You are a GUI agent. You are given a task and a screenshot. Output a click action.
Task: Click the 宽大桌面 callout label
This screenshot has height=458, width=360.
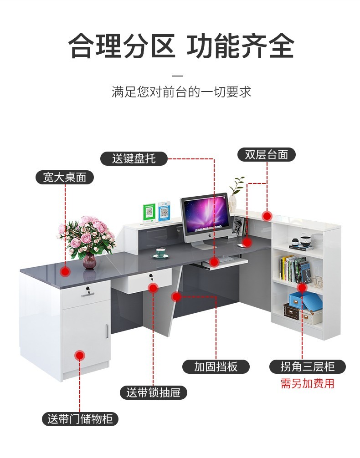[x=64, y=177]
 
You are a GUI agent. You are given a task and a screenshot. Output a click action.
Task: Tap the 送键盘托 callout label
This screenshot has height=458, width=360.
[x=134, y=158]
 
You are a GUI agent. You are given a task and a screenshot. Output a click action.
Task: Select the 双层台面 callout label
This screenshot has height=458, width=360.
[x=267, y=155]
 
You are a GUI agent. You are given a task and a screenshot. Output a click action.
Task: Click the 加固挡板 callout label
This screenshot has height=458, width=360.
[x=216, y=366]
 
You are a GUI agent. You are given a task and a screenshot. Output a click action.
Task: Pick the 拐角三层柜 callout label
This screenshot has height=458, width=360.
[x=308, y=366]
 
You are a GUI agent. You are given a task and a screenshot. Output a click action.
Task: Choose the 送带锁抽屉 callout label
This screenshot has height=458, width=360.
[x=154, y=392]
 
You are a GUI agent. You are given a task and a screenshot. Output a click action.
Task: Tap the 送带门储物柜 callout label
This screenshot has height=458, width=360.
[x=80, y=419]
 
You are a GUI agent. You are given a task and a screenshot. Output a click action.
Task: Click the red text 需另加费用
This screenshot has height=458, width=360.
[x=307, y=383]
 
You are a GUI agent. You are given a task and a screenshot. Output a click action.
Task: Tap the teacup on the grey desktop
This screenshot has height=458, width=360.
[x=160, y=253]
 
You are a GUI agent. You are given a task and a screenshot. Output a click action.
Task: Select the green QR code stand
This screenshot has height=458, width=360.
[x=149, y=213]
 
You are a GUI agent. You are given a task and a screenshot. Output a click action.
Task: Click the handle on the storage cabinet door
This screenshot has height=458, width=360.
[x=107, y=331]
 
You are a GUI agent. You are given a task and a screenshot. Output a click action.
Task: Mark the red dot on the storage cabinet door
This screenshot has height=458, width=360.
[x=80, y=355]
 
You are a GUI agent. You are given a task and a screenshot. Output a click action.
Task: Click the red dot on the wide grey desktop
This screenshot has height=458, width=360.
[x=66, y=272]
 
